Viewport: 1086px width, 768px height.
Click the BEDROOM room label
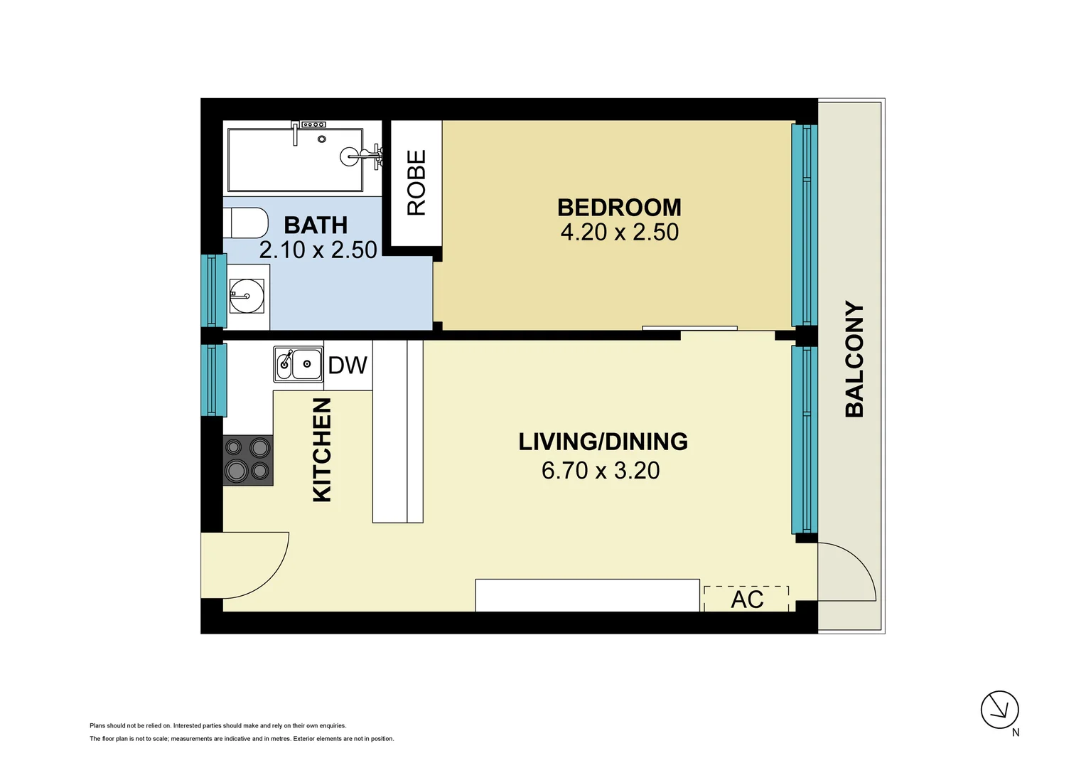point(619,208)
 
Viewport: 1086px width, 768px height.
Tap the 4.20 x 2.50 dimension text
point(619,233)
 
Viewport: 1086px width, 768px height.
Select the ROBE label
point(416,183)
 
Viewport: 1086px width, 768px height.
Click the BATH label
point(316,225)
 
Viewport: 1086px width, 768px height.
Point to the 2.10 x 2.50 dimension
point(318,250)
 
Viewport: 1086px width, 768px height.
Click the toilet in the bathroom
point(246,223)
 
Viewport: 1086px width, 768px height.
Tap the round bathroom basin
point(247,295)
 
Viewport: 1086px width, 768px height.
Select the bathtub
point(295,159)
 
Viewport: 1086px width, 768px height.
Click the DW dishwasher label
point(348,366)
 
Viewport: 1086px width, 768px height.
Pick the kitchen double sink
point(299,364)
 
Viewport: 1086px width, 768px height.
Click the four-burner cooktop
point(248,460)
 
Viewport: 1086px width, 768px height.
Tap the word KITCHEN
point(322,449)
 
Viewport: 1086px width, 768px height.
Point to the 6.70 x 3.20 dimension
point(601,471)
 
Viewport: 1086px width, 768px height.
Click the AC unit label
point(747,599)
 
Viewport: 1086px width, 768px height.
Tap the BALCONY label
point(854,359)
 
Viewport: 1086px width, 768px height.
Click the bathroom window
point(214,291)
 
